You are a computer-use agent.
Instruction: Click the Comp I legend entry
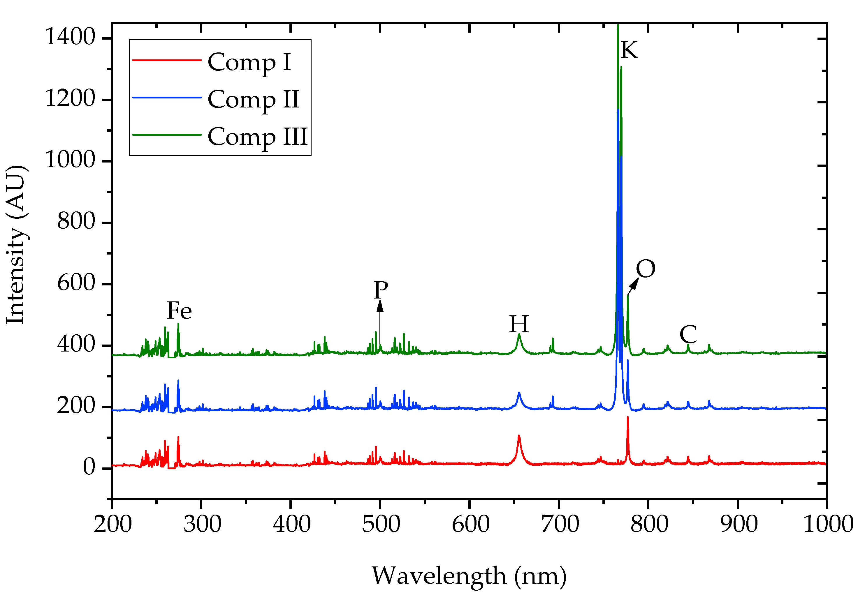249,62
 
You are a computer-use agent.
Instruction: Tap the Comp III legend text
257,137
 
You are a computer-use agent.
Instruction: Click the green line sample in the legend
167,135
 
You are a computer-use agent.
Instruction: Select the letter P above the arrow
381,290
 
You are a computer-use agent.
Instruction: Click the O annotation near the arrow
645,269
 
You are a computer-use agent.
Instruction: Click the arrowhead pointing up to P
380,306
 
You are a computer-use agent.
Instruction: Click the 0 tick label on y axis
89,467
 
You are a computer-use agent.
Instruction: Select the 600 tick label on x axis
470,524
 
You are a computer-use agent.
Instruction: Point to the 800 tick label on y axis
76,221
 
